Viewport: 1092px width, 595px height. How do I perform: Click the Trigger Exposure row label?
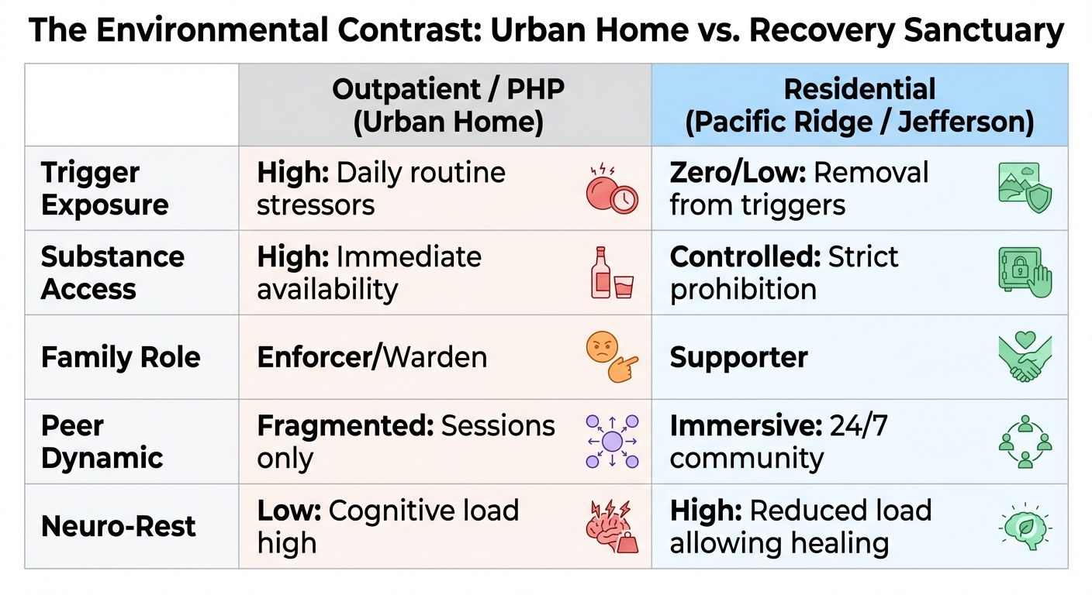click(x=105, y=188)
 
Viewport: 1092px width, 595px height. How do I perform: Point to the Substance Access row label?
click(x=112, y=273)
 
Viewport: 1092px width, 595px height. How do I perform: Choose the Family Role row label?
click(x=120, y=357)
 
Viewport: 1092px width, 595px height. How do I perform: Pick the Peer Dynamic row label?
click(x=102, y=442)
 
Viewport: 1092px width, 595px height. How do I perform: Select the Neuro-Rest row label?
click(x=119, y=526)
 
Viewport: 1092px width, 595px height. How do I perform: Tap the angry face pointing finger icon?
click(x=611, y=358)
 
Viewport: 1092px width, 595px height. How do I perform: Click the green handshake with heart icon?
click(x=1025, y=357)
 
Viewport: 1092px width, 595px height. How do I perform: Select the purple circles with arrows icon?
click(x=612, y=442)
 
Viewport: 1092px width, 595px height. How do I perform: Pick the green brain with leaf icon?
click(x=1025, y=526)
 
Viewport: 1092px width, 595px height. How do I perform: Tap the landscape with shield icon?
click(x=1025, y=188)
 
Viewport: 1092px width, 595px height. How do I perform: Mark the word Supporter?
click(x=738, y=357)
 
